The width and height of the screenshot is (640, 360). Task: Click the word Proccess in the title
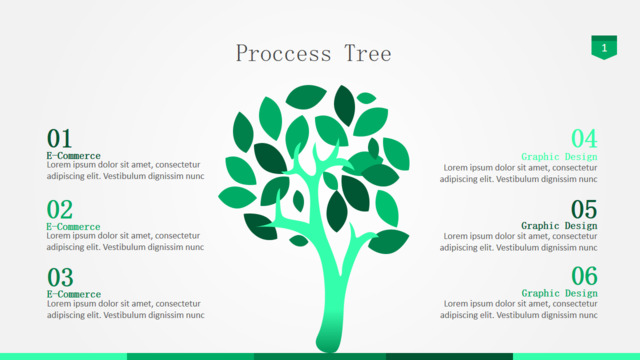284,53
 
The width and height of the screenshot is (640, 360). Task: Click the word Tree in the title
368,53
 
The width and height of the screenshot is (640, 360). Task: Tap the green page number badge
604,47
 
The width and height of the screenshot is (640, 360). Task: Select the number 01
60,138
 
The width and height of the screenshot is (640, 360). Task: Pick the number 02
60,210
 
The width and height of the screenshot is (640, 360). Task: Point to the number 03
60,278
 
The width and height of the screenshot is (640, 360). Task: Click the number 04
584,139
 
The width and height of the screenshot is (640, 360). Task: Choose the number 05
584,210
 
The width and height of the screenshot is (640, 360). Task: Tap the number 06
584,276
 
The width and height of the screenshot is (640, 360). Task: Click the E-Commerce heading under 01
73,156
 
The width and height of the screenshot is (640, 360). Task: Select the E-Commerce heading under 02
73,227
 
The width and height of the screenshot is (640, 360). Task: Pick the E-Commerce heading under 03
74,294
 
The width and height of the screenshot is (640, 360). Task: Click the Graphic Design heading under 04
559,157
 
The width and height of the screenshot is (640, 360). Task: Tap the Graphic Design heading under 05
559,226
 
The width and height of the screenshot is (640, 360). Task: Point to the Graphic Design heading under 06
559,293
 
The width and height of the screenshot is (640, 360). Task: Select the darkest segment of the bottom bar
449,357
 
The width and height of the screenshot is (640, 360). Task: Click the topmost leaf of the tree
306,96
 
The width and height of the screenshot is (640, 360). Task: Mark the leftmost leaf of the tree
237,198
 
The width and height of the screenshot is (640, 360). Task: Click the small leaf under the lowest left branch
298,241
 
